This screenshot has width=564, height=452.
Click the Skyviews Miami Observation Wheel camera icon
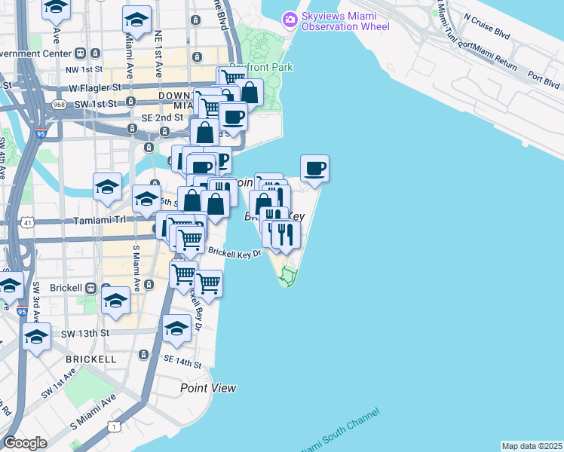pos(289,19)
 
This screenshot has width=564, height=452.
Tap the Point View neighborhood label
pos(208,388)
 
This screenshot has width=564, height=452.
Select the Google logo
pos(25,443)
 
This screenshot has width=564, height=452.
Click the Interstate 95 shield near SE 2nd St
pos(40,133)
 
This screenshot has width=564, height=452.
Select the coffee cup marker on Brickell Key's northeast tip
pos(314,168)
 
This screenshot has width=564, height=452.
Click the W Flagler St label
pos(96,87)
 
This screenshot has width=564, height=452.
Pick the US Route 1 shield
pos(114,426)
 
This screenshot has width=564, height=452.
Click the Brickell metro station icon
pos(91,288)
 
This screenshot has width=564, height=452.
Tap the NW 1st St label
pos(84,69)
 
